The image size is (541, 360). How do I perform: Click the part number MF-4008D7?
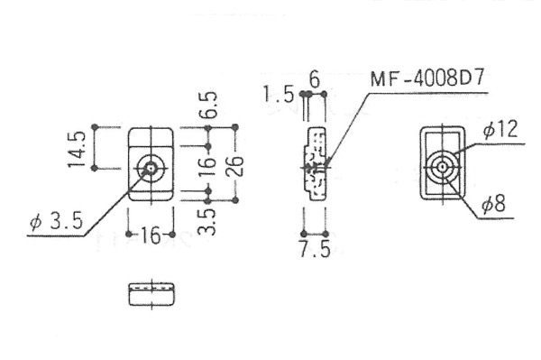[427, 78]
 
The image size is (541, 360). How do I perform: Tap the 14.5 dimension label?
[77, 149]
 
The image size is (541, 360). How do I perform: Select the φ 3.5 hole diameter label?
[57, 221]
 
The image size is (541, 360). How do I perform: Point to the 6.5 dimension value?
[209, 106]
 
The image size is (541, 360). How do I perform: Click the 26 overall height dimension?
[235, 166]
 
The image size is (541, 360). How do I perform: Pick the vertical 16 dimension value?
[207, 167]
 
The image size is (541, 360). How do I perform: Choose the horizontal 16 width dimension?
[151, 235]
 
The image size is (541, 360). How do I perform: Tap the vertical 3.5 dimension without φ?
[207, 222]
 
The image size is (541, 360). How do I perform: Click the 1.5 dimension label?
[279, 94]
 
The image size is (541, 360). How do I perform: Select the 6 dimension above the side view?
[315, 79]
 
